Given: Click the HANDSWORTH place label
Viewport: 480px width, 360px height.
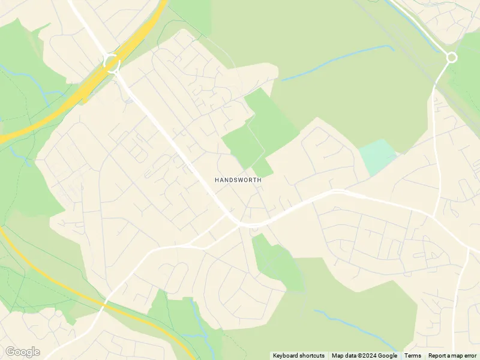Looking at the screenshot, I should click(238, 179).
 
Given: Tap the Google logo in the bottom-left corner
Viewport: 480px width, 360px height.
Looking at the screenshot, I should click(22, 352).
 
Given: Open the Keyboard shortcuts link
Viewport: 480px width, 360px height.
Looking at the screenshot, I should click(298, 356).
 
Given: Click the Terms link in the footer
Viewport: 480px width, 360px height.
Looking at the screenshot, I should click(412, 356).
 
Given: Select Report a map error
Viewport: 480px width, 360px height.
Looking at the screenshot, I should click(452, 356).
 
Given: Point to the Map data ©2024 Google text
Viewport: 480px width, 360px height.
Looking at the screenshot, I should click(364, 356).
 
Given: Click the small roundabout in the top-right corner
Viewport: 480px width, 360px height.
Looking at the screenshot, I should click(451, 58).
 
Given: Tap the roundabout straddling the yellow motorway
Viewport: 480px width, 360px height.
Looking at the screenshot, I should click(112, 62).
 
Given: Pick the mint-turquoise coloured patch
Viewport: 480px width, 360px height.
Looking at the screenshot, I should click(378, 156).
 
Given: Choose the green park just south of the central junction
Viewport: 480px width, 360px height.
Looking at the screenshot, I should click(273, 258).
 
